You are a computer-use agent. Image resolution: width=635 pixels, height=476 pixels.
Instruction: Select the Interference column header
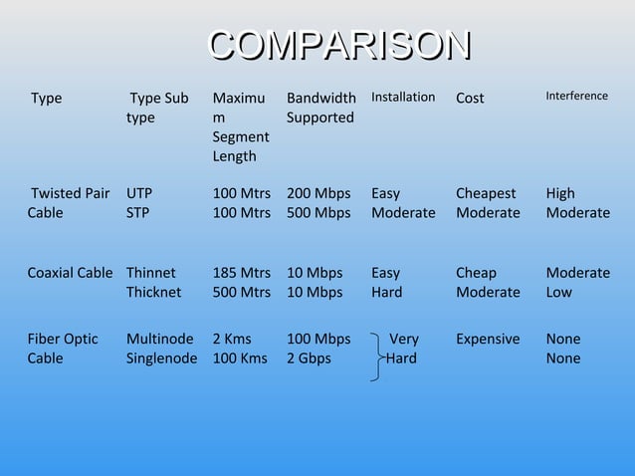click(576, 96)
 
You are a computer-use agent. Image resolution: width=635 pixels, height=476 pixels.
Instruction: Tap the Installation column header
click(402, 97)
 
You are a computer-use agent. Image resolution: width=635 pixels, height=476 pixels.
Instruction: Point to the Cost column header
click(470, 98)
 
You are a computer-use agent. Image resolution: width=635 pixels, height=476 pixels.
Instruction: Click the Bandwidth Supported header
click(320, 108)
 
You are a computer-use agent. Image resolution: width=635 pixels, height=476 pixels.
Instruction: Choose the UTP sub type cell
click(139, 193)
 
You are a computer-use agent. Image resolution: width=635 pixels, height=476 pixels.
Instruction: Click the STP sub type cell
click(138, 212)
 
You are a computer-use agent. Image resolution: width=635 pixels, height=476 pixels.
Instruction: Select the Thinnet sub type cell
click(151, 273)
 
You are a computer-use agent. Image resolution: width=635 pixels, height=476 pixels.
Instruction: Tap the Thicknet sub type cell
click(154, 292)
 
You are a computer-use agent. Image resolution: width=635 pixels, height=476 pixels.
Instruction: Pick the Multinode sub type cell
click(160, 339)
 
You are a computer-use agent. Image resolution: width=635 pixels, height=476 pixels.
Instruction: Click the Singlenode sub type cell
click(162, 357)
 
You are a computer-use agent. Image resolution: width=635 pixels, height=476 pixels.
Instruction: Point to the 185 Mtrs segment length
click(242, 273)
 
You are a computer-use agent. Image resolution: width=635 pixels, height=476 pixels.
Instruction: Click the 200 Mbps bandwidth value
click(318, 193)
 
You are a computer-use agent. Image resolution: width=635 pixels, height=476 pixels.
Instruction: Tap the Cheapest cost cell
click(486, 193)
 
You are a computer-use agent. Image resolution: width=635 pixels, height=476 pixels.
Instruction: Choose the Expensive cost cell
click(488, 339)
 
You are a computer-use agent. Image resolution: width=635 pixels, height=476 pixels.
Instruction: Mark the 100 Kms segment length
click(240, 357)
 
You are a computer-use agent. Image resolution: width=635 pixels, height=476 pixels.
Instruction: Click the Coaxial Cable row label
click(70, 273)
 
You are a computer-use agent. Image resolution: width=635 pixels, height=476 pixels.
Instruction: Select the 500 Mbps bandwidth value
click(318, 212)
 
